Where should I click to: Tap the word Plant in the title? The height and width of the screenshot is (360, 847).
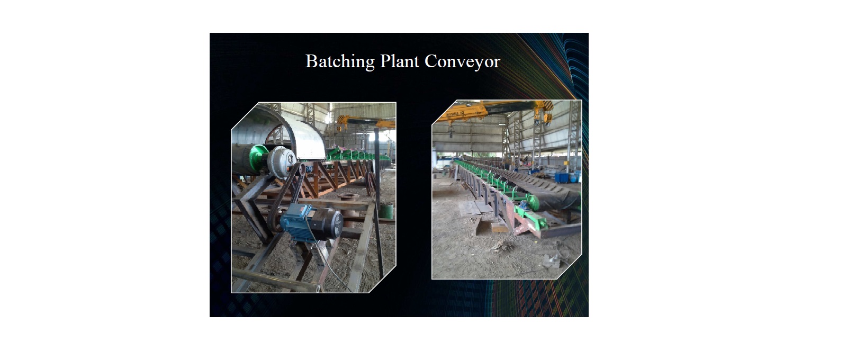400,61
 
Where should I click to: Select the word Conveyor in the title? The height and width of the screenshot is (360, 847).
463,61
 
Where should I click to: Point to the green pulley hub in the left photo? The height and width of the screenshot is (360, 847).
259,158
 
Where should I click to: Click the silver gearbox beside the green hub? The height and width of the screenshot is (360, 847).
281,162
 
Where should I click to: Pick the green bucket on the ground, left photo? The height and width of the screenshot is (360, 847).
386,211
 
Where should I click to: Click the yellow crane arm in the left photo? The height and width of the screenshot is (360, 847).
365,122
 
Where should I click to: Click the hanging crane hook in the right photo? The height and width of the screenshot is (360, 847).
450,132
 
